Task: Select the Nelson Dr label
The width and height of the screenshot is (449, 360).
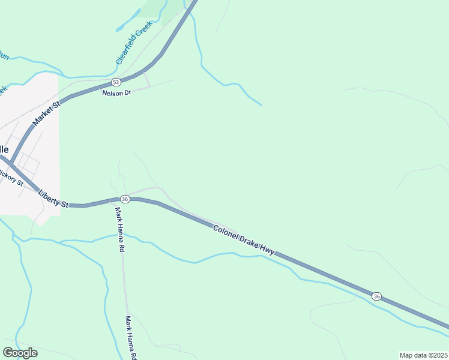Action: pos(116,93)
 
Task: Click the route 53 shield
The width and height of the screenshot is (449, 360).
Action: pos(116,82)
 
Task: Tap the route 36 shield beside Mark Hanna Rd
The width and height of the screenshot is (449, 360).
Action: pos(125,199)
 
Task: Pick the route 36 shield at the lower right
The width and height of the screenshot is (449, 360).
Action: pos(376,296)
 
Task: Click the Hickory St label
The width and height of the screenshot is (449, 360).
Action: pos(10,178)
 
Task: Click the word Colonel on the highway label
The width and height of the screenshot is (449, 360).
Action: pos(224,230)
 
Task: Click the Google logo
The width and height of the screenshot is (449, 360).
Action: pos(20,353)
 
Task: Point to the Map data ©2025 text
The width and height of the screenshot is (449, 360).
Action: pos(423,355)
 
